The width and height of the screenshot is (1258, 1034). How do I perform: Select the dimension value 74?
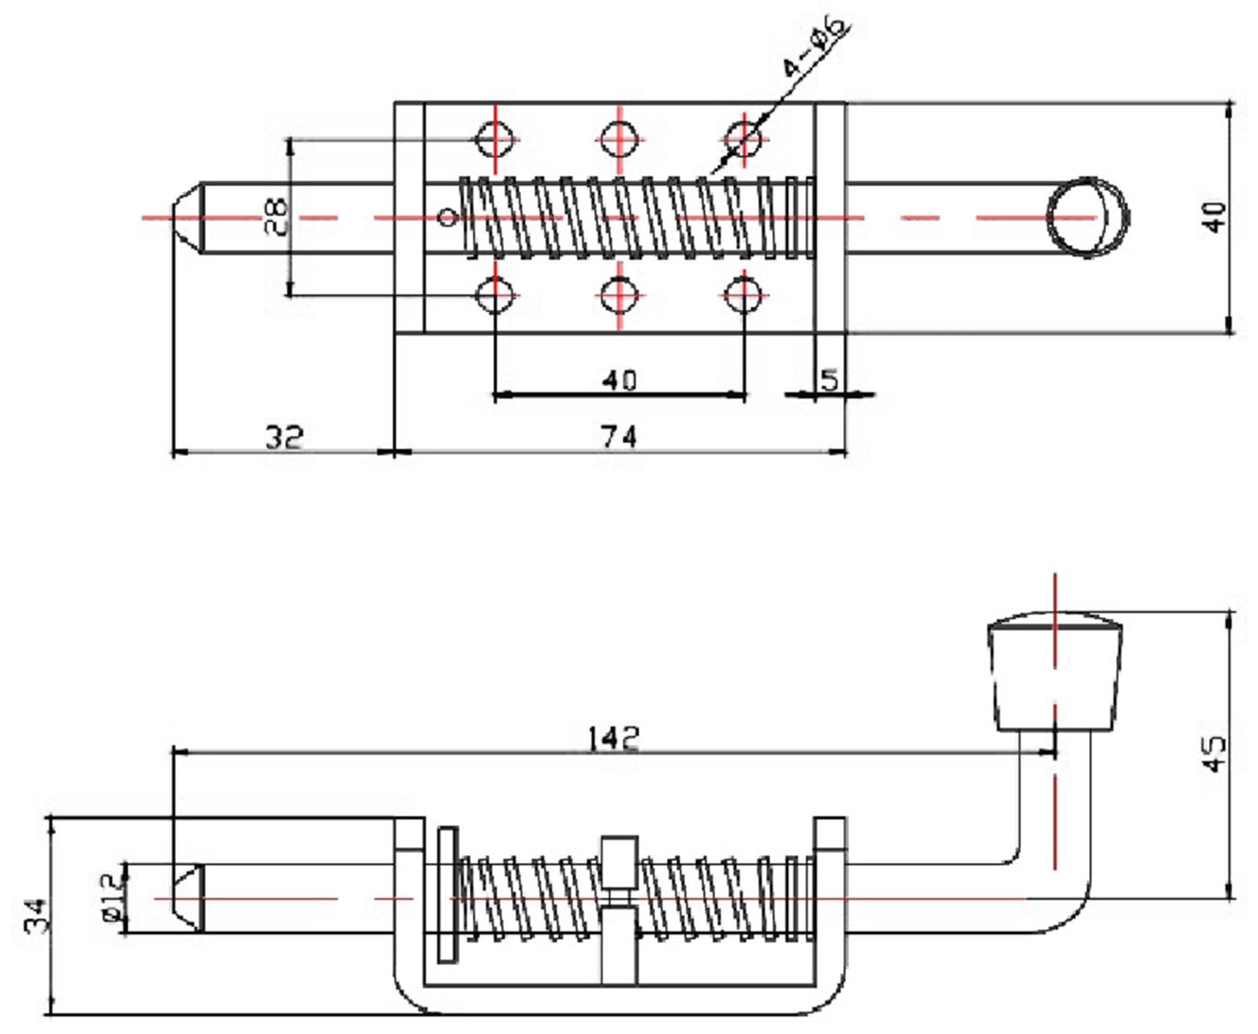coord(618,437)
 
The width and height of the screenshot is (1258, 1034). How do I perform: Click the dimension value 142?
coord(613,738)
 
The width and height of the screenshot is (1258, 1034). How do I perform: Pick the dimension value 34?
coord(36,915)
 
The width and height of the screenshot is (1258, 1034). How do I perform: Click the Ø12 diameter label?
coord(112,897)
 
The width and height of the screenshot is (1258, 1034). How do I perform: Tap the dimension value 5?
coord(829,380)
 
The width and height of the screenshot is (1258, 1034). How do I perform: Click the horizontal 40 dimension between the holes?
coord(619,380)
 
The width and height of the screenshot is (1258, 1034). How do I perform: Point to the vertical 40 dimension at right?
coord(1214,217)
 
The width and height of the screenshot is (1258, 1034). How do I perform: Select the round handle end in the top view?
coord(1088,217)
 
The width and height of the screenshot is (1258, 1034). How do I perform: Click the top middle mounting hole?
coord(619,140)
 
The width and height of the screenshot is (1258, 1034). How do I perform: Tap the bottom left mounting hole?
coord(495,296)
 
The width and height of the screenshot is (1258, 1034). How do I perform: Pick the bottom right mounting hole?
coord(744,296)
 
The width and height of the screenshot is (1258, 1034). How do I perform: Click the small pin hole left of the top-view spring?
coord(449,217)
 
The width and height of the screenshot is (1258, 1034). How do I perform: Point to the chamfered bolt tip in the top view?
coord(188,217)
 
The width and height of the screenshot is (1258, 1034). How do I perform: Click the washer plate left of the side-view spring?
coord(448,894)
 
